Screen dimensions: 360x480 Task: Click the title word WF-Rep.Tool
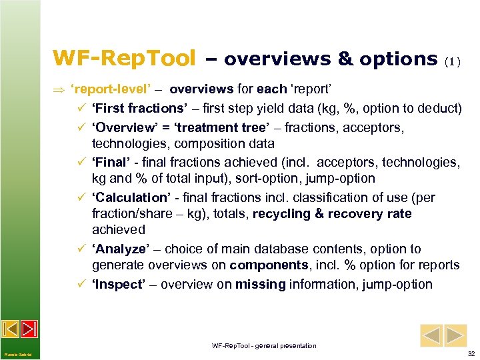124,58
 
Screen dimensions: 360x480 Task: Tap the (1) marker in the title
453,61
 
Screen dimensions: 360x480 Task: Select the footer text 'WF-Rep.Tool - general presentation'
264,345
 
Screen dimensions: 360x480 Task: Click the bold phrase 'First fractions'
139,109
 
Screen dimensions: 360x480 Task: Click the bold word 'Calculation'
131,197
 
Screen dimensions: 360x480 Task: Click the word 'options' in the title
398,59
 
